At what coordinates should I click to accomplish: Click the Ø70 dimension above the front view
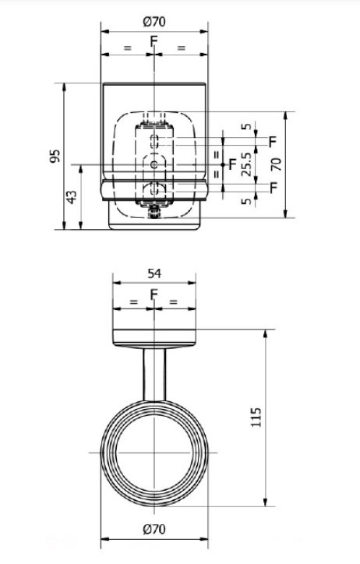click(x=154, y=22)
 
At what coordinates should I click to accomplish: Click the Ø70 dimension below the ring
click(x=154, y=529)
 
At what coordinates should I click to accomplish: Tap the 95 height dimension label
click(x=55, y=156)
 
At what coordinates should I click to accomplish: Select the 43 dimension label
click(x=72, y=197)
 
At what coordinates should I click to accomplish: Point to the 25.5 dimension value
click(x=246, y=164)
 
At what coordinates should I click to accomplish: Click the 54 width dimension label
click(x=154, y=273)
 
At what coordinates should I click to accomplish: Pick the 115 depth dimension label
click(x=256, y=418)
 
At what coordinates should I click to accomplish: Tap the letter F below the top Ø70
click(x=154, y=41)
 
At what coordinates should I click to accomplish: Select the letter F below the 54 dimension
click(x=154, y=294)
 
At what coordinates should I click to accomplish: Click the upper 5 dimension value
click(x=246, y=126)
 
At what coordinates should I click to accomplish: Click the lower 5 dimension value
click(x=246, y=201)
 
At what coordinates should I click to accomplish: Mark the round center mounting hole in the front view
click(x=154, y=164)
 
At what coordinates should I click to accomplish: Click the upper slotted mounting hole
click(x=154, y=141)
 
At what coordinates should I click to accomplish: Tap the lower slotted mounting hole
click(x=154, y=189)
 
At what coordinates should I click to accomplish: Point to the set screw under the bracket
click(x=154, y=212)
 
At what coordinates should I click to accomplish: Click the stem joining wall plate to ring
click(x=154, y=375)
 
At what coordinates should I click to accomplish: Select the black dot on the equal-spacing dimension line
click(x=223, y=164)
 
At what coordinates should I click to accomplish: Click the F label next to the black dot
click(x=233, y=164)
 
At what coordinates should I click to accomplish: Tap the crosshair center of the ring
click(x=154, y=452)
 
